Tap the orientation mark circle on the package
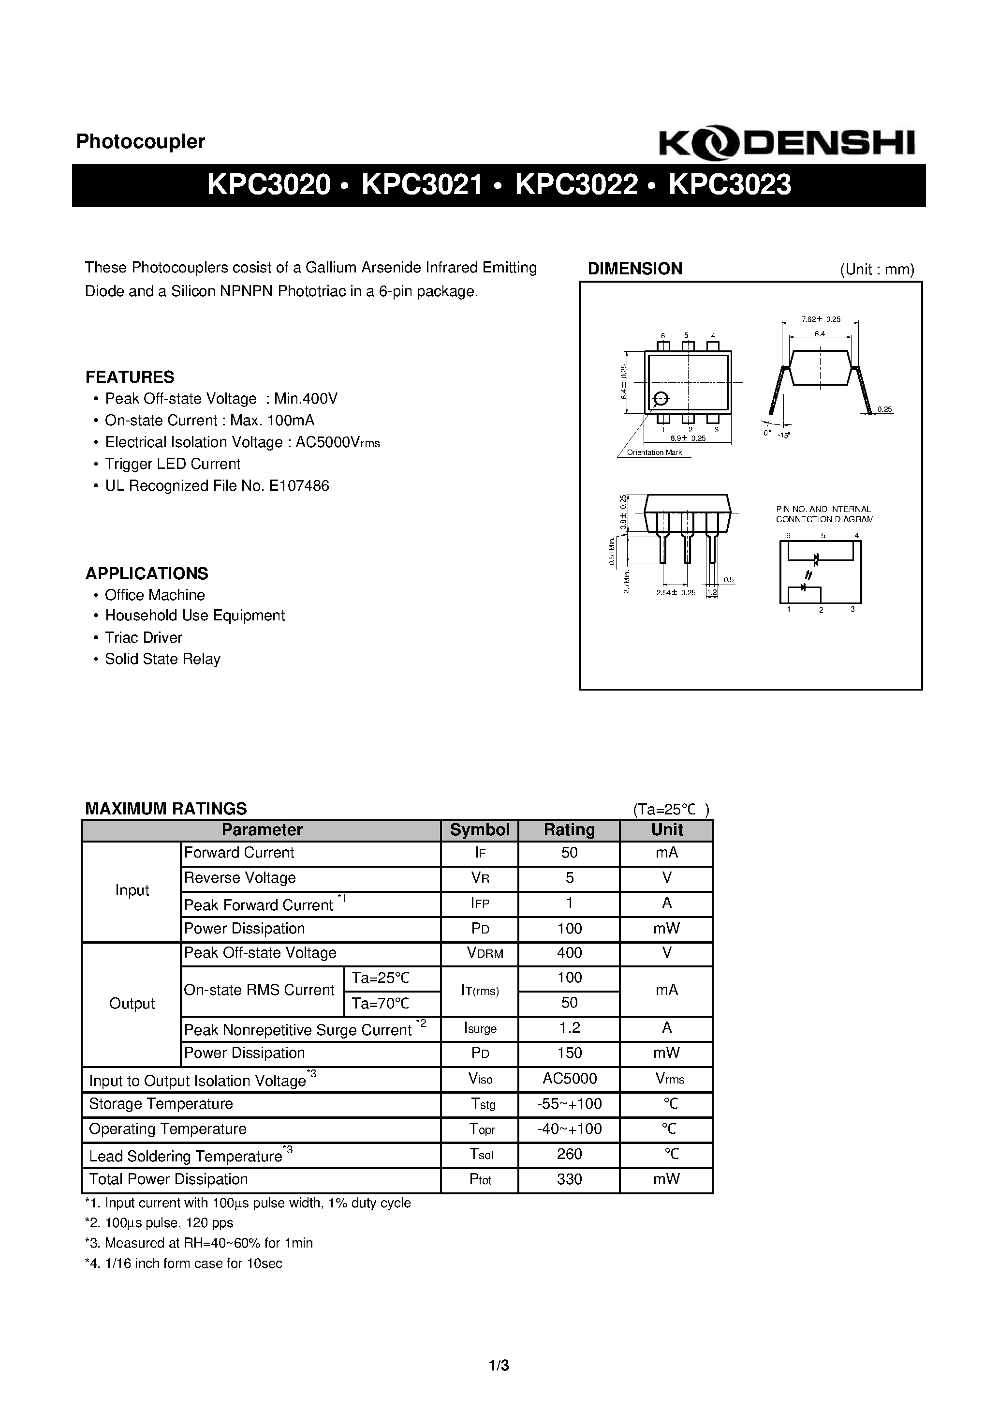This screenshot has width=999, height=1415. coord(660,399)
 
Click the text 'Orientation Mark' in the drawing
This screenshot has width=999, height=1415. coord(654,452)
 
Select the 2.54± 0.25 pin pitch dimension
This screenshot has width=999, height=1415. coord(676,593)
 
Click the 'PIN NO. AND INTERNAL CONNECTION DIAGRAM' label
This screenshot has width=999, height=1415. coord(824,514)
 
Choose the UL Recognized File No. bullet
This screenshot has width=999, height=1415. coord(217,486)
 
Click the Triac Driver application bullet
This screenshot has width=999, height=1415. coord(144,637)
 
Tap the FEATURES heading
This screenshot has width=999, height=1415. coord(129,376)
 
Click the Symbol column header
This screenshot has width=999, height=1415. coord(479,829)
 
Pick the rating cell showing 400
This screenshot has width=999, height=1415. coord(569,953)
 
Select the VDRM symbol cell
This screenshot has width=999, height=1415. coord(485,953)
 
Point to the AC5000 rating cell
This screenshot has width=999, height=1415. coord(569,1079)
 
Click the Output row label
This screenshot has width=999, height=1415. coord(131,1003)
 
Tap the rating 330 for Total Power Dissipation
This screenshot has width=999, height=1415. coord(569,1179)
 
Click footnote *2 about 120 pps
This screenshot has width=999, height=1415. coord(159,1223)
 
